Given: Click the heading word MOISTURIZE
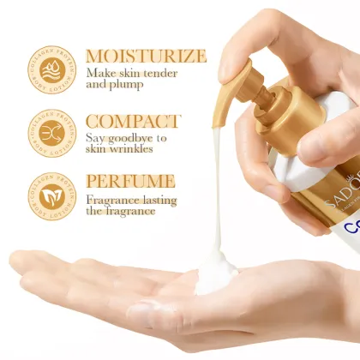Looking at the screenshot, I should [146, 57].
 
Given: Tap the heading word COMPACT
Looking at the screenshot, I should [132, 122].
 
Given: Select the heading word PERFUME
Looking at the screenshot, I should [129, 182].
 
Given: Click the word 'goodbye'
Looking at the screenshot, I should [129, 137].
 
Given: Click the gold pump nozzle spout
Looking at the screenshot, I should [225, 86].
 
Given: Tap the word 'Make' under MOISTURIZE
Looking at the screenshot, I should [101, 74].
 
